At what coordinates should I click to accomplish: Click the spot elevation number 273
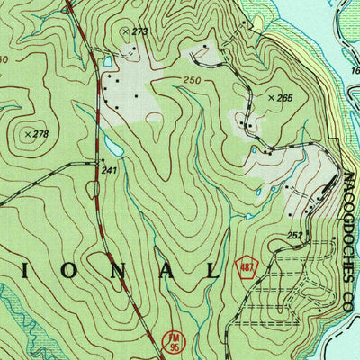click(x=139, y=31)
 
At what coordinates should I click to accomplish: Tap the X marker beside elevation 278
click(x=27, y=135)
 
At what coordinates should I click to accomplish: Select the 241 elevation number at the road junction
click(x=109, y=170)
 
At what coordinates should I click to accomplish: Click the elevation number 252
click(x=293, y=236)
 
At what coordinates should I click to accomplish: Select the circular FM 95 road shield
click(x=175, y=339)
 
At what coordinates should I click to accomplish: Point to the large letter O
click(x=55, y=271)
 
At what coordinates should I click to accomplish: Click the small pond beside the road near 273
click(x=108, y=62)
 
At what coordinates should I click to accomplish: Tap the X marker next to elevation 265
click(x=271, y=96)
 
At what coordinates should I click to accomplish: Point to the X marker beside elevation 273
click(x=125, y=31)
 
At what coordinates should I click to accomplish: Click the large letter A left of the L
click(x=160, y=271)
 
